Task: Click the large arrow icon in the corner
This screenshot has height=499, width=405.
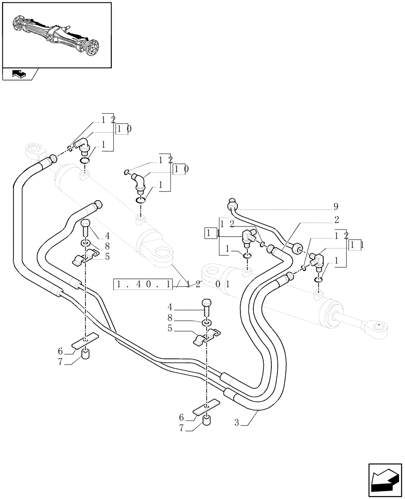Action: (x=385, y=481)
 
